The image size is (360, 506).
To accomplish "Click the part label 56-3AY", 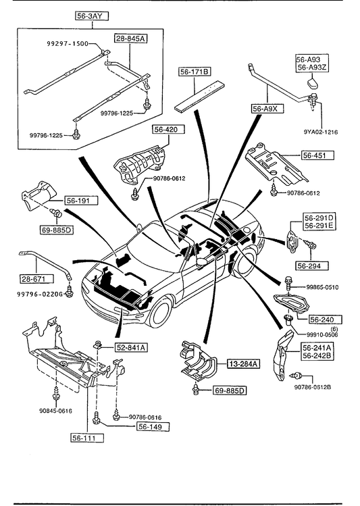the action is [x=92, y=16].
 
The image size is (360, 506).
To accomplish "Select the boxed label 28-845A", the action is [x=130, y=39].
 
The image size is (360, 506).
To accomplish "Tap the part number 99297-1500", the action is [x=66, y=43].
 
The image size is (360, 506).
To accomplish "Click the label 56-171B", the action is [x=195, y=72].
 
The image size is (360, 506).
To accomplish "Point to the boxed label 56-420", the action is [x=169, y=130].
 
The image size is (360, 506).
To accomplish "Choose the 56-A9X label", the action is [x=267, y=109].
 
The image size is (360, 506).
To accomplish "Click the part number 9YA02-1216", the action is [x=320, y=132].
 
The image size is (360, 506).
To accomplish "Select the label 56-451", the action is [x=317, y=155].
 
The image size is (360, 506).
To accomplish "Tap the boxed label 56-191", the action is [x=82, y=201].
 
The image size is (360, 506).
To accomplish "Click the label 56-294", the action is [x=312, y=265].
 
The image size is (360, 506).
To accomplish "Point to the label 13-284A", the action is [x=244, y=364].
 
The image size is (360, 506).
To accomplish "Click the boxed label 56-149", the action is [x=153, y=426].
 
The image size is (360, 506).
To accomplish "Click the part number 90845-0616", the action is [x=55, y=411].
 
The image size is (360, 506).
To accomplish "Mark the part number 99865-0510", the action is [x=322, y=287].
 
